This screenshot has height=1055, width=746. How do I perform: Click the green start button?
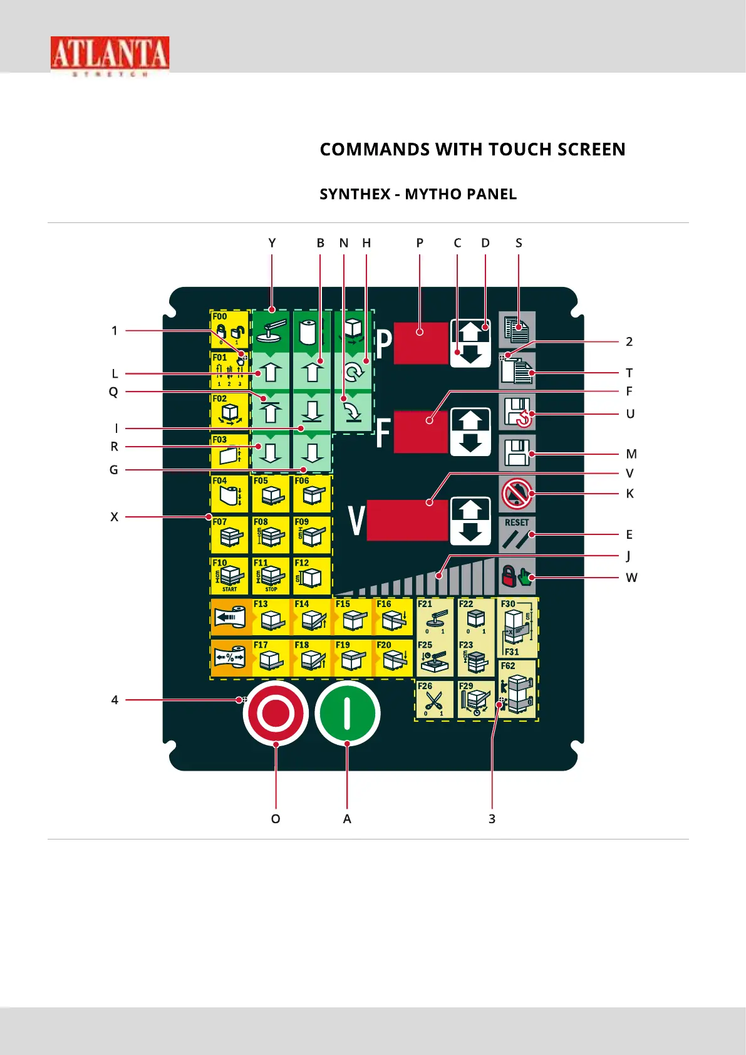click(x=348, y=714)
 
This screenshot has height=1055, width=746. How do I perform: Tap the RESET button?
click(x=517, y=534)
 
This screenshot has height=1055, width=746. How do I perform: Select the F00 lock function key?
click(x=229, y=330)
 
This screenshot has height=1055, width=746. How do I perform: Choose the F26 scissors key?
click(x=434, y=699)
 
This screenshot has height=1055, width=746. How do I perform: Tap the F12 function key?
click(x=311, y=575)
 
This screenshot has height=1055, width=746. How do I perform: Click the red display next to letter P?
click(x=421, y=343)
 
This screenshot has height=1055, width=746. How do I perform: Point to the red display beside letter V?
click(x=407, y=519)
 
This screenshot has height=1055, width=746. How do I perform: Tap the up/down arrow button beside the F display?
click(x=470, y=432)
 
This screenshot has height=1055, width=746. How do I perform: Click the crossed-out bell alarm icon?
click(x=517, y=494)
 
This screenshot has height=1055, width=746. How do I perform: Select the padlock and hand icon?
click(x=517, y=576)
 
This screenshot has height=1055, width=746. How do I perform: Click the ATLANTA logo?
click(x=110, y=55)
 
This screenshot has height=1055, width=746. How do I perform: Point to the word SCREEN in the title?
click(x=591, y=150)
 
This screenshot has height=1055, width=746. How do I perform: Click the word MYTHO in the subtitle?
click(x=433, y=194)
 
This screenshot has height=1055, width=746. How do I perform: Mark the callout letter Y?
click(x=272, y=243)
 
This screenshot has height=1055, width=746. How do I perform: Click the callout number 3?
click(x=492, y=819)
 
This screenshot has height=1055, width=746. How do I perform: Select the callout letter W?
click(x=631, y=578)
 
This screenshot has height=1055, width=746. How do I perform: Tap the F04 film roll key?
click(x=229, y=494)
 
